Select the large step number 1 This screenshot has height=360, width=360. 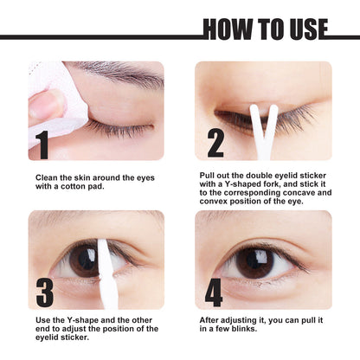click(42, 144)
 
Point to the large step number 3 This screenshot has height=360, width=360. click(42, 292)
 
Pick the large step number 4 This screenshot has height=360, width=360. click(214, 292)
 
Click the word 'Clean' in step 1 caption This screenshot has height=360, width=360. click(47, 177)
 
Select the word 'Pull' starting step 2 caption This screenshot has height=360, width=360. click(209, 173)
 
